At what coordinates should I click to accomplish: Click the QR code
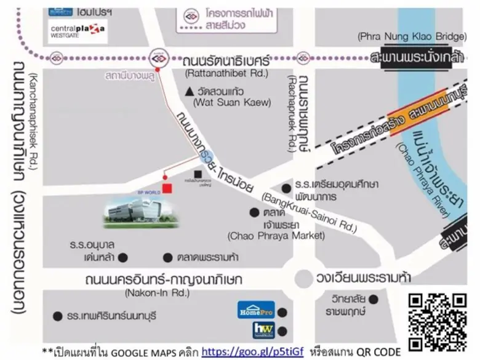pyautogui.click(x=438, y=322)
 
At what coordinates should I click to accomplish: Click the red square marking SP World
pyautogui.click(x=167, y=188)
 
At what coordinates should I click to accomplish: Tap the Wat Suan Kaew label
pyautogui.click(x=231, y=103)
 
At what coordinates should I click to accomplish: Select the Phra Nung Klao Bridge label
pyautogui.click(x=411, y=37)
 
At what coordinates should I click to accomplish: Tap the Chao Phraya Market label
pyautogui.click(x=276, y=235)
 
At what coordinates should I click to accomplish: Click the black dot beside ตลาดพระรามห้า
pyautogui.click(x=167, y=257)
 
